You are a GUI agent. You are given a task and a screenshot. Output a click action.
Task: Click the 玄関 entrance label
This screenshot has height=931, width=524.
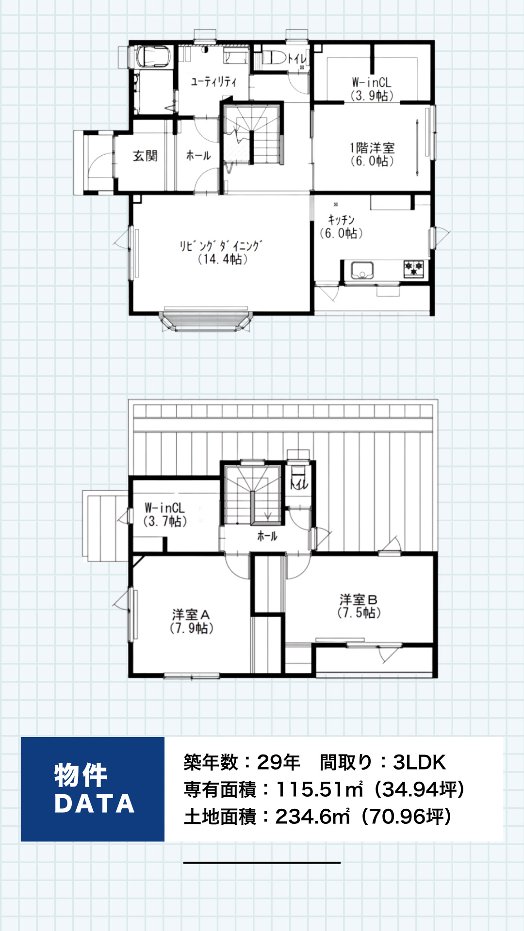145,156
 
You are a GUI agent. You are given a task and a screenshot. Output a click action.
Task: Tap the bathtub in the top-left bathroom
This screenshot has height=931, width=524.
153,56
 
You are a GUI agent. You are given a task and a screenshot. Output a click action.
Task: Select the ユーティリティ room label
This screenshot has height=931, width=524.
213,81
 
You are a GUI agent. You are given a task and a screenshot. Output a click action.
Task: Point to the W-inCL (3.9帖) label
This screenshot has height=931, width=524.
372,89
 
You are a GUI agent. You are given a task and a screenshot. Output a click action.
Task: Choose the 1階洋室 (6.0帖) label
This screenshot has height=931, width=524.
372,154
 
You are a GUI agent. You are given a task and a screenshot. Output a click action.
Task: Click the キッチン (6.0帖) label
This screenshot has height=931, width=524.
341,226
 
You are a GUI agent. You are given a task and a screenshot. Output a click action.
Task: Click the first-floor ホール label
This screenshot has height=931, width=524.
198,155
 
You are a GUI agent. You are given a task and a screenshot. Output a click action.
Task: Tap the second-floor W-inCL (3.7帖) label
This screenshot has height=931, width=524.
164,514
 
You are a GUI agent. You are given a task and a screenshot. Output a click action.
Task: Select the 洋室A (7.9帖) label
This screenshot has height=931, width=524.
192,621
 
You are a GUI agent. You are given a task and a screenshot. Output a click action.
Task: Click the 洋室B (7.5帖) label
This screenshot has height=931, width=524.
359,606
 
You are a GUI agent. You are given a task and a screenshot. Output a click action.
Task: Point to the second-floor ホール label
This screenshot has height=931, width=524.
267,536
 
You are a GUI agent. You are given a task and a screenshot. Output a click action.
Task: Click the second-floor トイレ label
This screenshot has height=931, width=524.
299,483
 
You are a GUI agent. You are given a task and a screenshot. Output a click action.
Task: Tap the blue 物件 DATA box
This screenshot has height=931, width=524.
93,789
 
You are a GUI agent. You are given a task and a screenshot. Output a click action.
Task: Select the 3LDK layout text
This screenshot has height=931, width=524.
419,762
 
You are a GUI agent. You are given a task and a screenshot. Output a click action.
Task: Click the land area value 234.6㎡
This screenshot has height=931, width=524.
312,817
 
